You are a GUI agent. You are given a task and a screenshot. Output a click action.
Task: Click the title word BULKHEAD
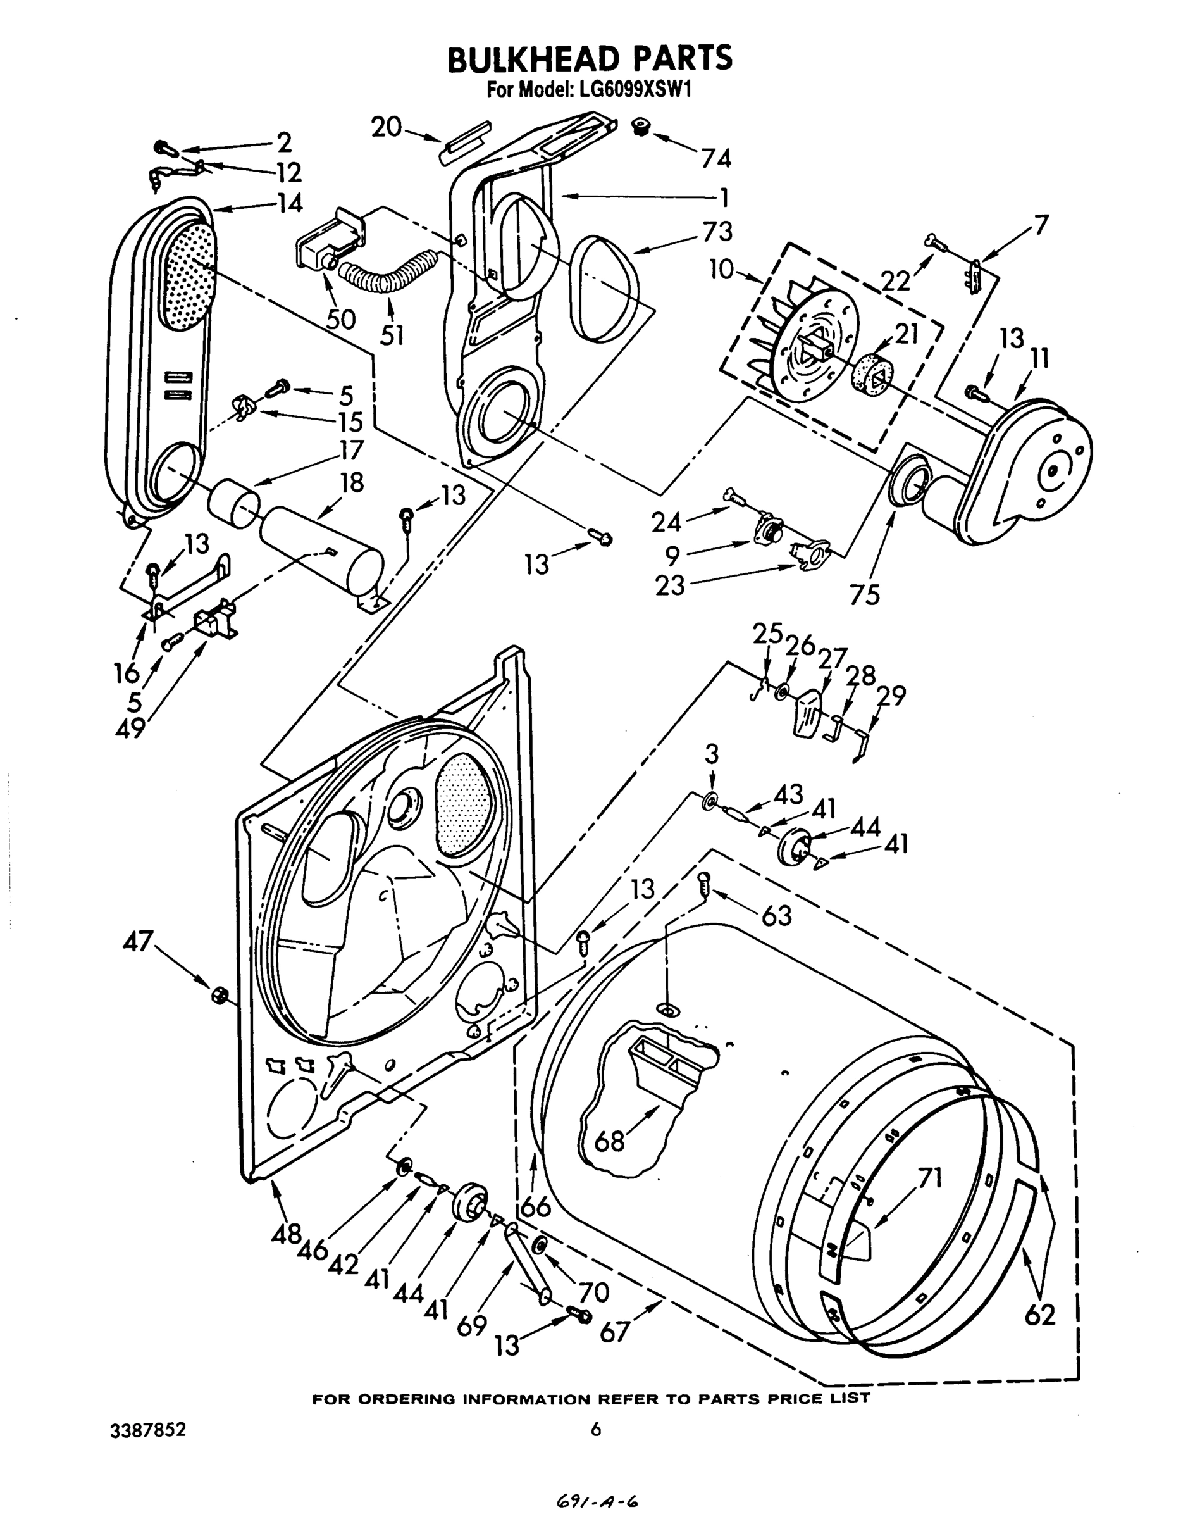pyautogui.click(x=535, y=59)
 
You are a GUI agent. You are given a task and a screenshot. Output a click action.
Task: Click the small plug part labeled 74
pyautogui.click(x=641, y=127)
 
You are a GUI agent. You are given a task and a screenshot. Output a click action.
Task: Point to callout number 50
pyautogui.click(x=341, y=319)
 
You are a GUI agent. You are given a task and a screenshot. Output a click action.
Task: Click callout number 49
pyautogui.click(x=130, y=728)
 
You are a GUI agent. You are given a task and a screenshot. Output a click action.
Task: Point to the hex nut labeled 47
pyautogui.click(x=218, y=994)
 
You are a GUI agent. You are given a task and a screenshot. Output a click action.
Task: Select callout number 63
pyautogui.click(x=777, y=915)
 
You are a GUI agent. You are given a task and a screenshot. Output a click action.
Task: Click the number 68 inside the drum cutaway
pyautogui.click(x=609, y=1142)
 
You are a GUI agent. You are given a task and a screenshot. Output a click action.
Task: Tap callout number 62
pyautogui.click(x=1039, y=1315)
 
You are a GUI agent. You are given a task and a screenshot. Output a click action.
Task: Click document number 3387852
pyautogui.click(x=147, y=1430)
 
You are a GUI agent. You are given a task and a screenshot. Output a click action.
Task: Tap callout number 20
pyautogui.click(x=386, y=127)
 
